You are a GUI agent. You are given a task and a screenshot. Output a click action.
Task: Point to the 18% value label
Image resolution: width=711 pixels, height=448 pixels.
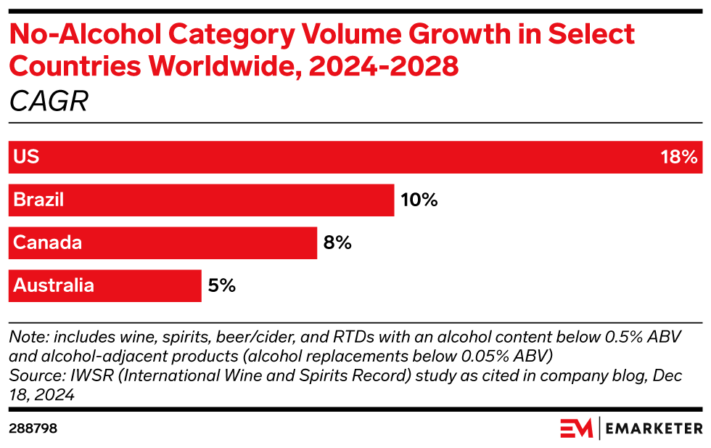tap(678, 157)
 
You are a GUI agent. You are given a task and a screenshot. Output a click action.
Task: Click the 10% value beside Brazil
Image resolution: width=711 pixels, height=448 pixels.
tap(419, 200)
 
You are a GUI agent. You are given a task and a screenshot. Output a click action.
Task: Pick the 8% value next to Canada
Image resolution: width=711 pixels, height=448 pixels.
tap(337, 243)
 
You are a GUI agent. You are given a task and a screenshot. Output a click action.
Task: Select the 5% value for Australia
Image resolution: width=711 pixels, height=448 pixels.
tap(221, 285)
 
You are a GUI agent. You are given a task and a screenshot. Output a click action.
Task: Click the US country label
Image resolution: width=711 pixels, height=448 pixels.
tap(26, 157)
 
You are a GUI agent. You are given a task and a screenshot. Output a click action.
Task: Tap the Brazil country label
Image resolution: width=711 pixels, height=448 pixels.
tap(38, 200)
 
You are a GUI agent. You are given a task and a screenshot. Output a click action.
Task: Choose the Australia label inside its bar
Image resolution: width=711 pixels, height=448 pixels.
tap(54, 285)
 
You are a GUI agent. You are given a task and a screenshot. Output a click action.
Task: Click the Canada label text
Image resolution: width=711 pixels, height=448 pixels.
tap(48, 243)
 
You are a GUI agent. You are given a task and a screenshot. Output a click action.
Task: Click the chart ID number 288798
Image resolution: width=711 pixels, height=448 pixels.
tap(33, 428)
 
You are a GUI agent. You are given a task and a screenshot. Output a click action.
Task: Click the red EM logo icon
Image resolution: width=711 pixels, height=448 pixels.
tap(576, 428)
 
